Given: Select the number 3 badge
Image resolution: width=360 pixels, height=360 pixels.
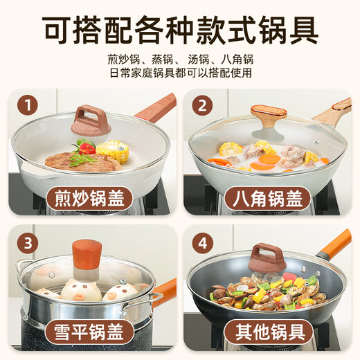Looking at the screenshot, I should pos(28,243).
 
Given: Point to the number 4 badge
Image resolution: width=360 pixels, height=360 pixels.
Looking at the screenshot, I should pos(202,243).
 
